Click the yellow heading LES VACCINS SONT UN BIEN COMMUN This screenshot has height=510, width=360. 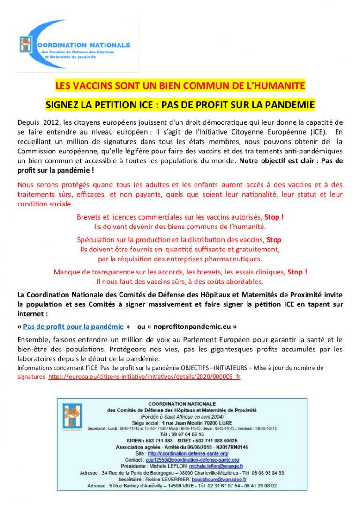180,86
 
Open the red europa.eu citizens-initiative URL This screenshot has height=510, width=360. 144,376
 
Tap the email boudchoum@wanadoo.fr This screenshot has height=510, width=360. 217,480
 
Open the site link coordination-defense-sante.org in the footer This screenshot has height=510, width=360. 188,454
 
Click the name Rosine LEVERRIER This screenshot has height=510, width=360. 169,480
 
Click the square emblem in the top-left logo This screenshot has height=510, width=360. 25,44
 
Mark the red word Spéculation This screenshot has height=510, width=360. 95,239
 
